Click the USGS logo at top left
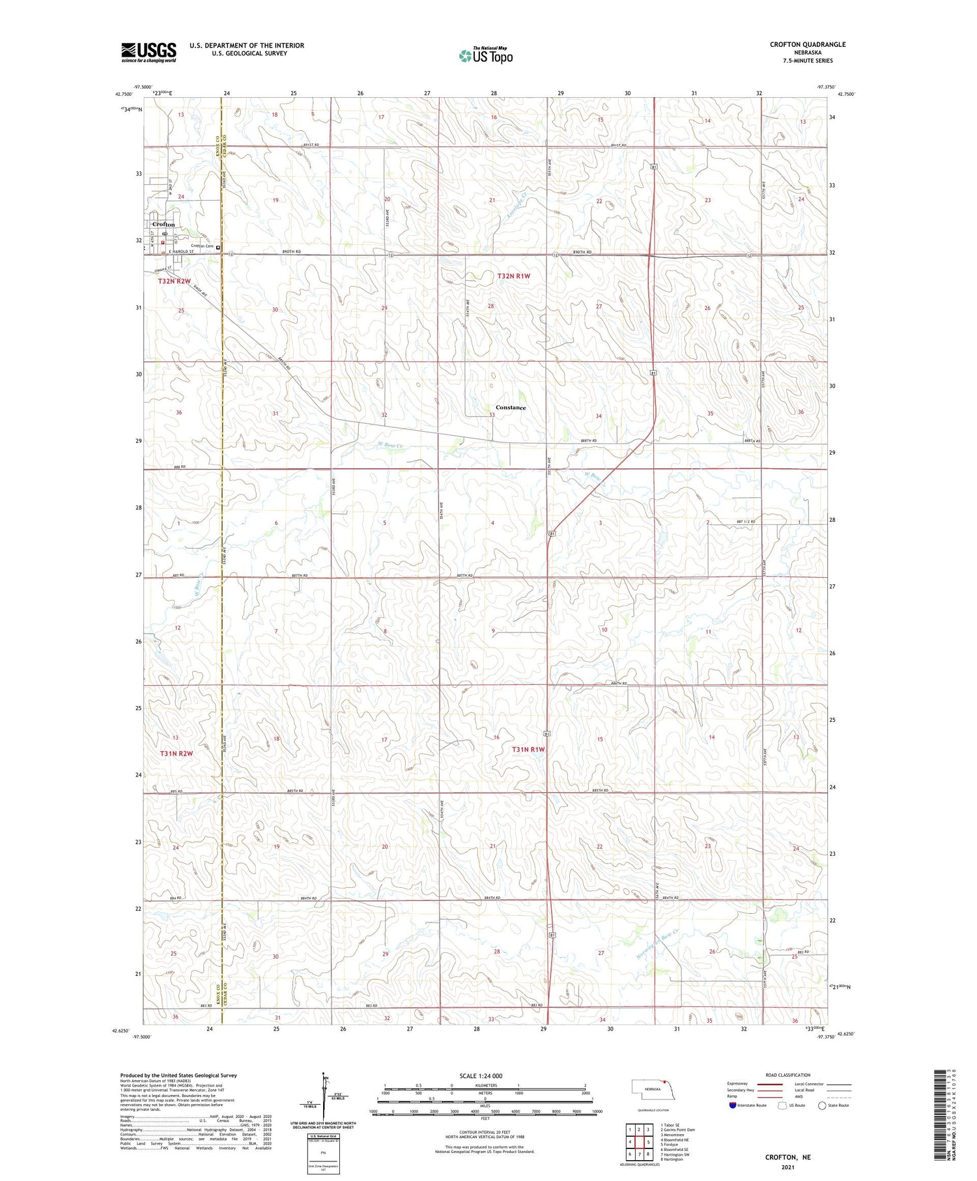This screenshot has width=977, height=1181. (x=149, y=52)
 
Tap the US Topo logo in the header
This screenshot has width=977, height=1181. (x=486, y=55)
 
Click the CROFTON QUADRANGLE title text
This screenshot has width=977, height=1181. (x=807, y=44)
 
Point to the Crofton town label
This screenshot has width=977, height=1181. (x=163, y=224)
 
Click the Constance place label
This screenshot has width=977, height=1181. (x=511, y=408)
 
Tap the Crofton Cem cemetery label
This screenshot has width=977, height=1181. (x=202, y=246)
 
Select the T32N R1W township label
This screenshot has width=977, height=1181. (x=513, y=276)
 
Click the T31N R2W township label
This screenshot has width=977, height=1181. (x=176, y=754)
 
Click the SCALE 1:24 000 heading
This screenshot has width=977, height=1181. (x=481, y=1076)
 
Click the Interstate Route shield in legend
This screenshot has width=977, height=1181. (x=732, y=1105)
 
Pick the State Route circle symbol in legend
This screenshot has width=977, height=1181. (x=822, y=1105)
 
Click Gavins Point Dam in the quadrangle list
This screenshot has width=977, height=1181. (x=677, y=1130)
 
